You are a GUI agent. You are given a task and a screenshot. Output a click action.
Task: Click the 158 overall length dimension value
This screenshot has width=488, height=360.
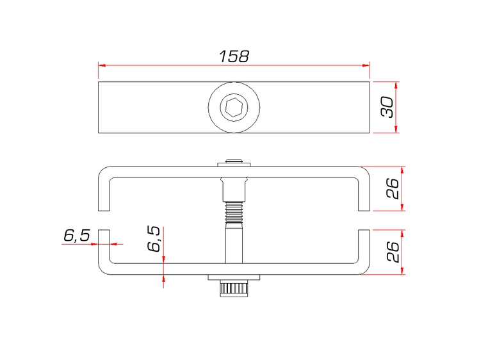(x=234, y=56)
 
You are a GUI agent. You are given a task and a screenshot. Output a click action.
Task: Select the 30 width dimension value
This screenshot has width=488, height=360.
(x=387, y=107)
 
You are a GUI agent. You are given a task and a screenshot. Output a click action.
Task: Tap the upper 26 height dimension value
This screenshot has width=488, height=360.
(x=393, y=188)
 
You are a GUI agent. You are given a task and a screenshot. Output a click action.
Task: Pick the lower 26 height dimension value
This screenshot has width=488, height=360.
(x=393, y=251)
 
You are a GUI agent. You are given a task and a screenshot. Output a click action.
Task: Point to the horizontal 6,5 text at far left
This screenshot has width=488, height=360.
(x=76, y=235)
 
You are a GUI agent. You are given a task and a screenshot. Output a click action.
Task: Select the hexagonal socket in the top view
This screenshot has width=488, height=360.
(x=234, y=108)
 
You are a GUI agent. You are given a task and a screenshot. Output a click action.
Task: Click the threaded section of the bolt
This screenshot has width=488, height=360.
(x=234, y=209)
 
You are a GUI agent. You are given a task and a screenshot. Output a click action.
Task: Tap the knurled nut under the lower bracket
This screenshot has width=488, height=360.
(x=234, y=288)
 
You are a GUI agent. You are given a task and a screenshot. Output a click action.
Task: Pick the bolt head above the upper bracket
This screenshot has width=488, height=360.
(x=234, y=163)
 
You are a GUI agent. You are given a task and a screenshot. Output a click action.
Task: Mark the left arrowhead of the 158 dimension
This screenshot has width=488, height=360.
(x=101, y=65)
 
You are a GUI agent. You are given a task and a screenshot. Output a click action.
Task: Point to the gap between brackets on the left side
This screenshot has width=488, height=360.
(x=103, y=220)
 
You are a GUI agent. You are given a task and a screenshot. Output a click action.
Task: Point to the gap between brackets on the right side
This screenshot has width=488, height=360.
(x=364, y=220)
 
